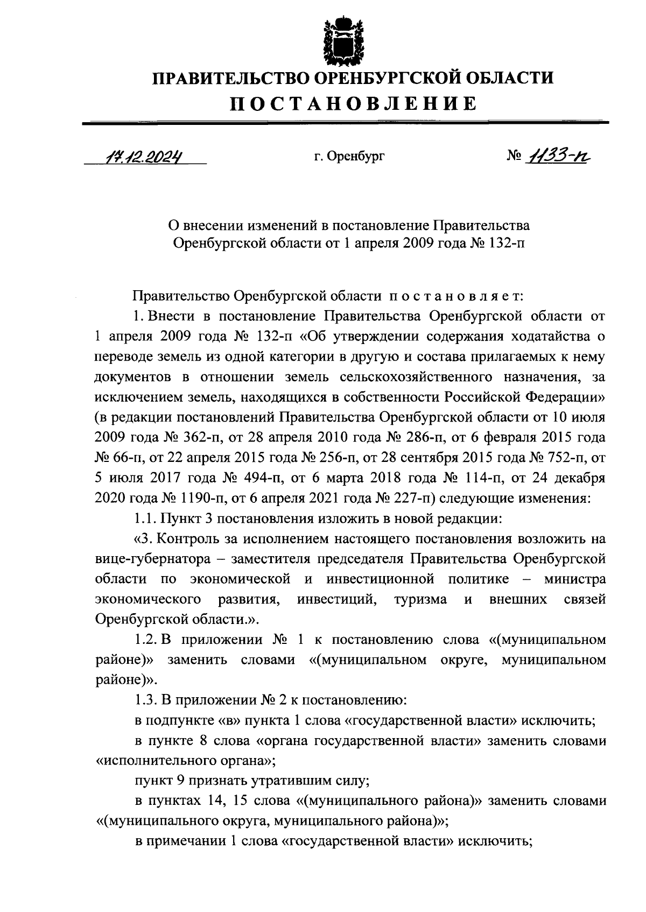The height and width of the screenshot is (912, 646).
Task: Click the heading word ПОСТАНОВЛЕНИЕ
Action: pyautogui.click(x=353, y=103)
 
